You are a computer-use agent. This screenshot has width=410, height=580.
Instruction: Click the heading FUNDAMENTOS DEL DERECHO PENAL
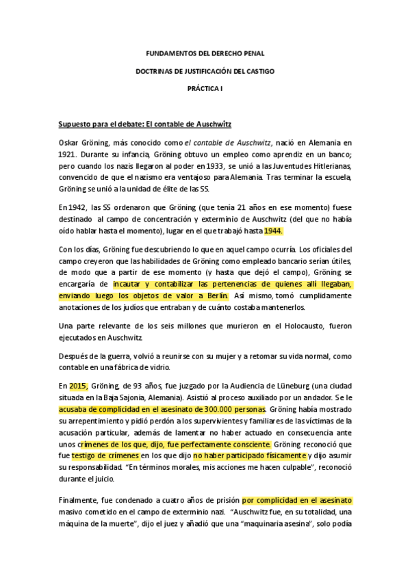(x=205, y=53)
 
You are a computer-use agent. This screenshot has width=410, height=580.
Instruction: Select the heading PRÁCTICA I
(x=205, y=88)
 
